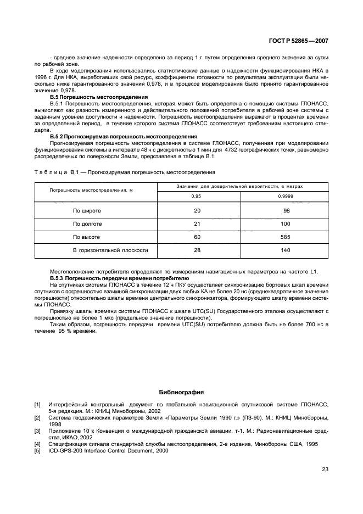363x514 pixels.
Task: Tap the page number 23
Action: coord(325,469)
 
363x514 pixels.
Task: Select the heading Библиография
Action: coord(181,392)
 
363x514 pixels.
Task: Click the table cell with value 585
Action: coord(285,237)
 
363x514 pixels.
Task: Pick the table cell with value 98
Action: coord(285,210)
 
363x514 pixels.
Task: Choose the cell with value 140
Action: coord(285,250)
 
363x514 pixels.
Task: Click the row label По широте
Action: coord(87,210)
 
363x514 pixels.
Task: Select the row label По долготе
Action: coord(87,224)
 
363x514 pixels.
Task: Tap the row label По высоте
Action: coord(86,237)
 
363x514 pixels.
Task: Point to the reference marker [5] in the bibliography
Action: coord(37,450)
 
